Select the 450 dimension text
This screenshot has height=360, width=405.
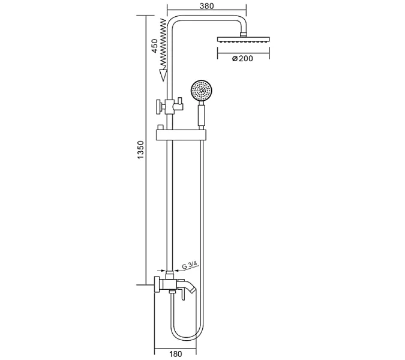pyautogui.click(x=154, y=46)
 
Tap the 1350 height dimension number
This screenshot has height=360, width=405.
pyautogui.click(x=140, y=150)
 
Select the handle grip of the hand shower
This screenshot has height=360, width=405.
pyautogui.click(x=201, y=114)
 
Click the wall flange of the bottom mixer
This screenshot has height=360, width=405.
pyautogui.click(x=157, y=286)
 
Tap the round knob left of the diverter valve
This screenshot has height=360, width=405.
pyautogui.click(x=161, y=107)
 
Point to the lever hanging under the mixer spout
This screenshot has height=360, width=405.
pyautogui.click(x=178, y=294)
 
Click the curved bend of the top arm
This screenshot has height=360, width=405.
pyautogui.click(x=174, y=21)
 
